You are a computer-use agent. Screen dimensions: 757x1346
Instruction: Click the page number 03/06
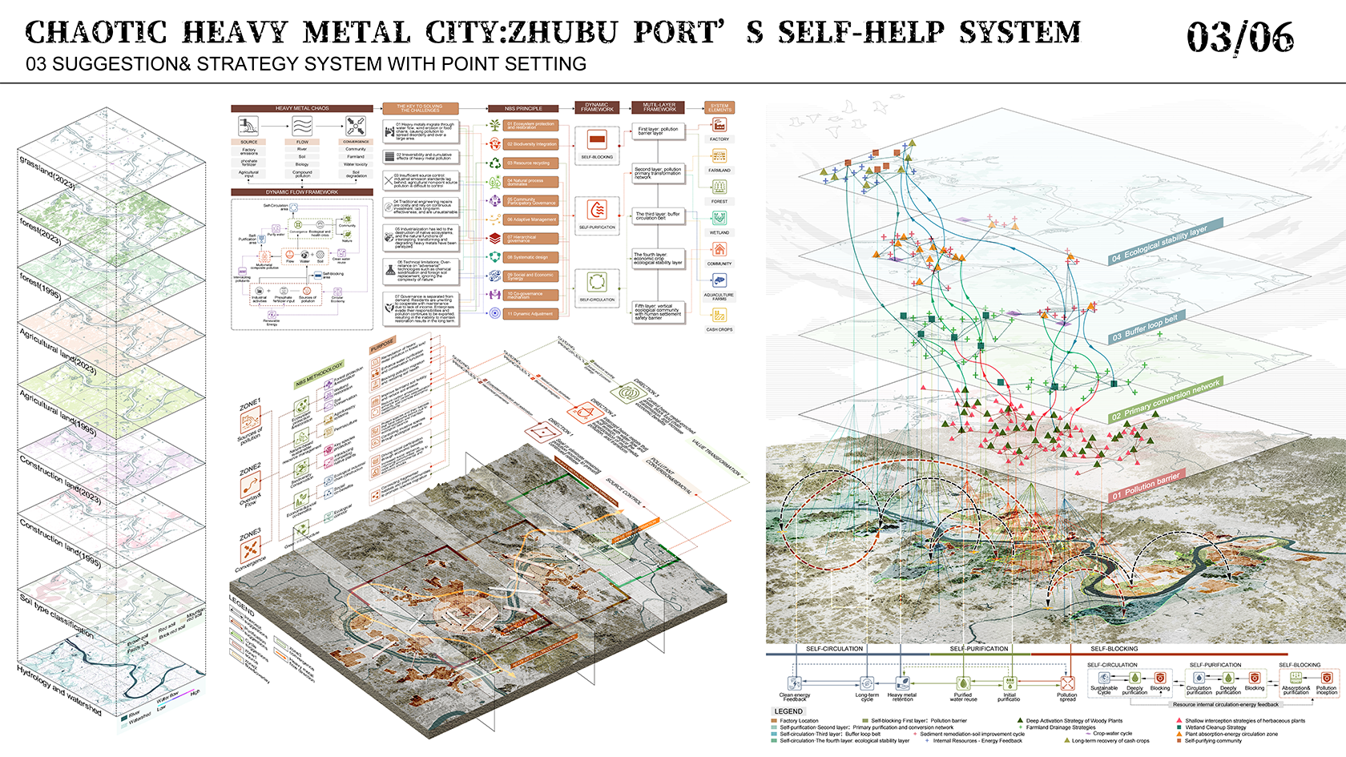1239,37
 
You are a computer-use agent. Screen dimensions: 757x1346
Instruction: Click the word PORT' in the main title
679,32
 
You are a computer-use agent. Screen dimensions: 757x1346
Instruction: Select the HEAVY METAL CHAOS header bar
302,108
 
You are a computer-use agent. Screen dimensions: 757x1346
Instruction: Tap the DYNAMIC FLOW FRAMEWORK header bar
302,192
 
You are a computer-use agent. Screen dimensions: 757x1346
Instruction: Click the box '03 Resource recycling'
531,163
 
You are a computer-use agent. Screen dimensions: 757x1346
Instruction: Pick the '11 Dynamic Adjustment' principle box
531,314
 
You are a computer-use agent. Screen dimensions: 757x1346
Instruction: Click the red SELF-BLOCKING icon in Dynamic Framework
597,140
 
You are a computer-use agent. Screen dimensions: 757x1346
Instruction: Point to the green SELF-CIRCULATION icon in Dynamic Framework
597,282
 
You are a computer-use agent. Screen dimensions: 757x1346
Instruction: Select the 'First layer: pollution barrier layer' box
659,131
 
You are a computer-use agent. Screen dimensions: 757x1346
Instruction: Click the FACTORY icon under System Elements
719,126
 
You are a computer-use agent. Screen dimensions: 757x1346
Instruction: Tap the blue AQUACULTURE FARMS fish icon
719,280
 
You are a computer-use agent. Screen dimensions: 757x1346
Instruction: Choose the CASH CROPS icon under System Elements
719,315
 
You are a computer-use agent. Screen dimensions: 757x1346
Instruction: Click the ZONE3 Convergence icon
251,550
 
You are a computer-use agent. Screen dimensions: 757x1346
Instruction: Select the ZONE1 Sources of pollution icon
251,420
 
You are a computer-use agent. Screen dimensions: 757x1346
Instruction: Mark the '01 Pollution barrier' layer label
1146,486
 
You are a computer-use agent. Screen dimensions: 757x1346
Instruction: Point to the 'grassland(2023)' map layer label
47,172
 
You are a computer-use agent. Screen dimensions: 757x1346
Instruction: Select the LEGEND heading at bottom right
788,711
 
